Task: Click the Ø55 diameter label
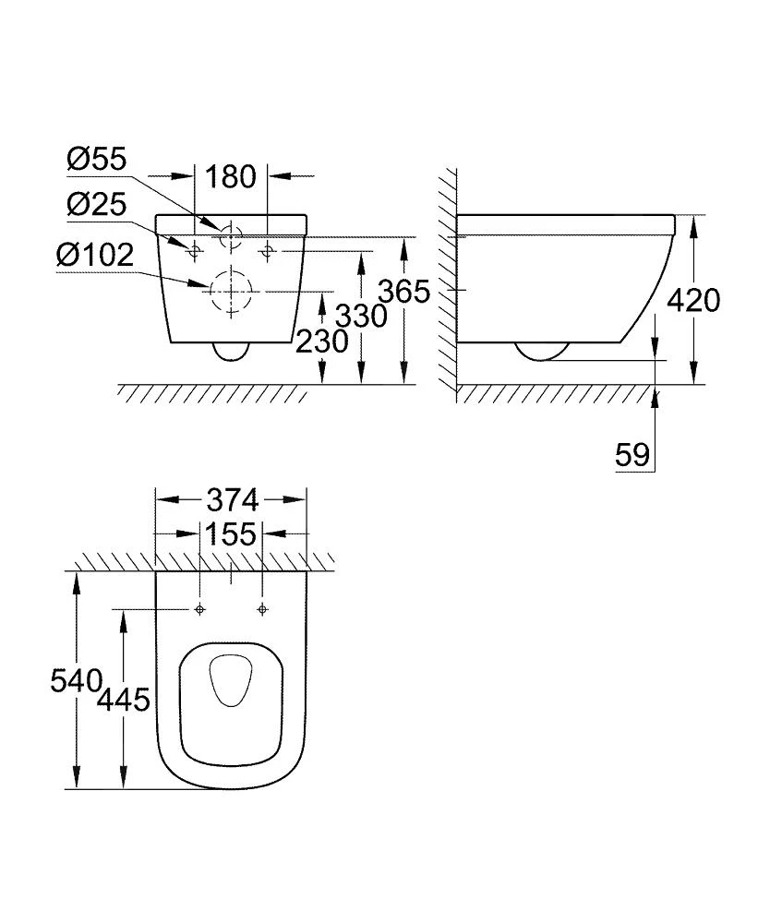click(x=96, y=161)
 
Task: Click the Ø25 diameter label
click(x=96, y=205)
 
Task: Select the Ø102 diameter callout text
click(x=95, y=254)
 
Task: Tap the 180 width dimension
click(x=230, y=176)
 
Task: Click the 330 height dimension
click(x=361, y=316)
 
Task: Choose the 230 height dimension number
click(x=322, y=342)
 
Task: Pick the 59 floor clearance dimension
click(x=632, y=454)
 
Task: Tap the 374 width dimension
click(x=230, y=501)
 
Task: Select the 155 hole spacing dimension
click(x=230, y=535)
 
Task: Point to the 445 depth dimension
click(x=124, y=699)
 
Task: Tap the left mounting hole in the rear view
click(x=196, y=250)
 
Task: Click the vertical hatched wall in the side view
click(x=448, y=277)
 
